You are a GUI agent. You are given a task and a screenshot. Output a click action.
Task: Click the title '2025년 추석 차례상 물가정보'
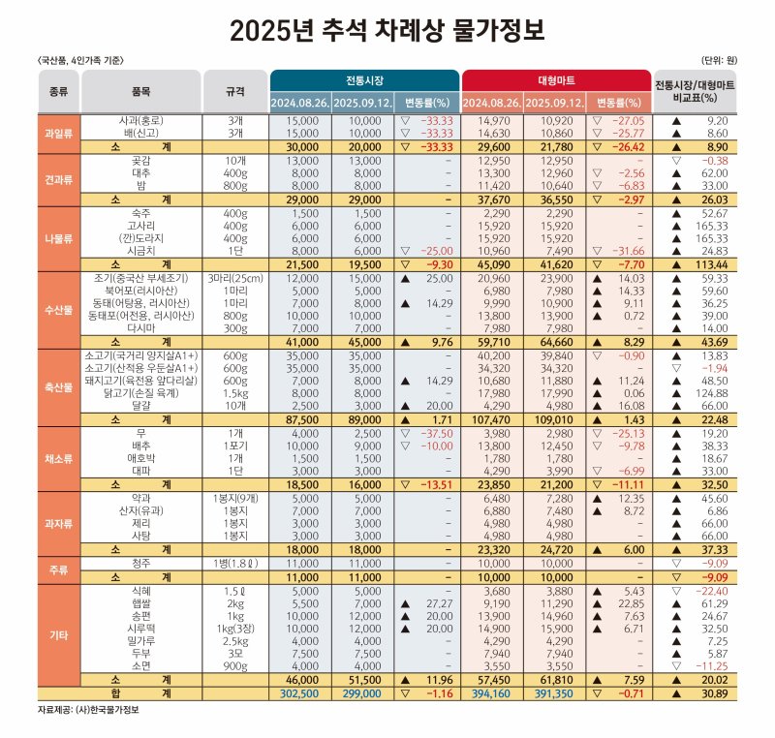387,30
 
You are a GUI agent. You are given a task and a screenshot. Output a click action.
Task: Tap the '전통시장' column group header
363,79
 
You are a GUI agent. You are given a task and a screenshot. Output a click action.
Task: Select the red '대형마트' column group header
556,79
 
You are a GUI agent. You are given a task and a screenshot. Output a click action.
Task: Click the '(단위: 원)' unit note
718,60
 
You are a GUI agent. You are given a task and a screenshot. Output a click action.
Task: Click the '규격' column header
234,91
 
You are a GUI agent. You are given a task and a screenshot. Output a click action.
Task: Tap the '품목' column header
140,91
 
